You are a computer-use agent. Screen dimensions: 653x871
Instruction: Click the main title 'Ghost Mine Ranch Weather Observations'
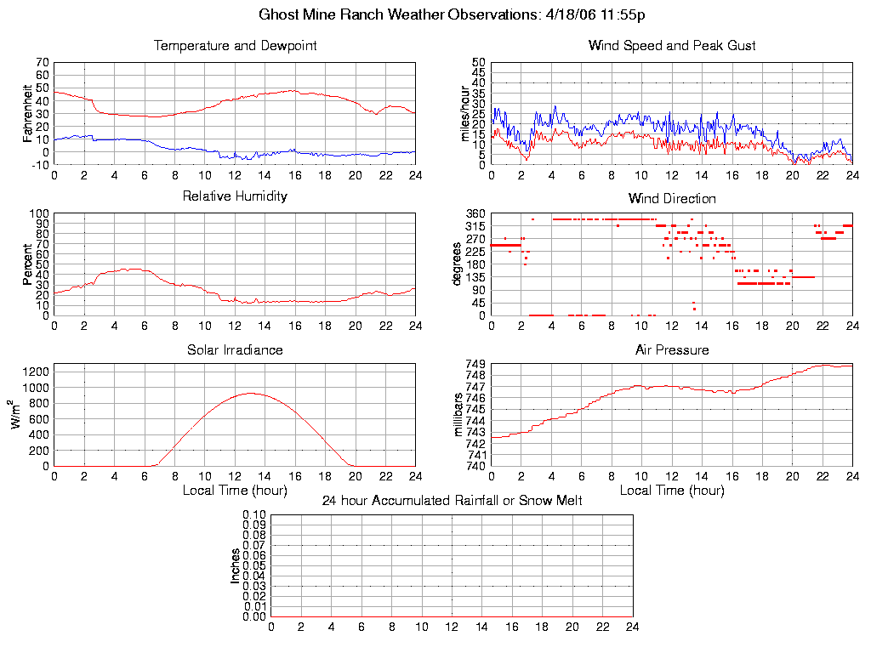[x=452, y=14]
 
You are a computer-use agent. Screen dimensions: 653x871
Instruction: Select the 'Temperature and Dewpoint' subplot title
[x=235, y=46]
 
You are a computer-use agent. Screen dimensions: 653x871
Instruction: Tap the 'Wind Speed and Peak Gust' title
[x=672, y=46]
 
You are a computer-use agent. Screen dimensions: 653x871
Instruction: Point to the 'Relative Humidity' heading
[x=235, y=196]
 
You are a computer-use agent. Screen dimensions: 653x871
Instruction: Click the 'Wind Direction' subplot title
[x=672, y=199]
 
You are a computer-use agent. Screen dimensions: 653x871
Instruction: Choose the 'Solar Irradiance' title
[x=235, y=350]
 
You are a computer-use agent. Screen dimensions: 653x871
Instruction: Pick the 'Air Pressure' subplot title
[x=672, y=350]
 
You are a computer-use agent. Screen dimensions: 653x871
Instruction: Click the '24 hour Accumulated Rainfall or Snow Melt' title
[x=452, y=501]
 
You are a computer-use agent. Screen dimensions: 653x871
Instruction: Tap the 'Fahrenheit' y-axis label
[x=27, y=112]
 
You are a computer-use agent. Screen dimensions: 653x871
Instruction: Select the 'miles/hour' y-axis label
[x=464, y=112]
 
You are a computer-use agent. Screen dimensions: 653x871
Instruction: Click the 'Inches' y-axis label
[x=235, y=565]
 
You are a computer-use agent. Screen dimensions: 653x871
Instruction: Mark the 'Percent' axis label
[x=27, y=264]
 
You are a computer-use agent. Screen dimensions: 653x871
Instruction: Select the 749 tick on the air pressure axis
[x=475, y=364]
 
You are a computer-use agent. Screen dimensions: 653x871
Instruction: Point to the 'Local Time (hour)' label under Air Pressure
[x=672, y=491]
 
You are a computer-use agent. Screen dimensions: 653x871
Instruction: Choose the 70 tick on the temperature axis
[x=42, y=63]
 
